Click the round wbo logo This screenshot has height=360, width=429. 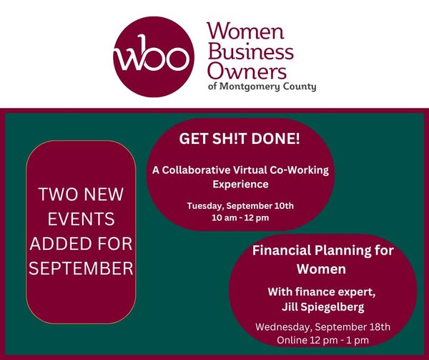point(154,57)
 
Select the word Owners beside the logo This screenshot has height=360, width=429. point(247,71)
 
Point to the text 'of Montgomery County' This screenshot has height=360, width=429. point(262,87)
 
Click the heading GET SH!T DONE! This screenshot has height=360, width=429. point(240,139)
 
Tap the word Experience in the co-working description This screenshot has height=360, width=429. point(240,184)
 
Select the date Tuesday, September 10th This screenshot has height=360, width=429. point(240,206)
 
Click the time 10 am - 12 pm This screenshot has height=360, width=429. point(240,218)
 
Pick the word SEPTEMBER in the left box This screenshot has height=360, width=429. point(81,268)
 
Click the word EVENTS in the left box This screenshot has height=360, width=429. point(81,219)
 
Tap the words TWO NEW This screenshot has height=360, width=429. point(81,194)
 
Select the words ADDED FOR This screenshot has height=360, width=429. point(81,243)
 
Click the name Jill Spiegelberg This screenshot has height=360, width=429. point(323,307)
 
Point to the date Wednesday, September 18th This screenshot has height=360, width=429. point(323,327)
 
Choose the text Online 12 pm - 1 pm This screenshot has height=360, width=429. point(323,340)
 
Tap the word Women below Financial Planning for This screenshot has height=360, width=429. point(322,269)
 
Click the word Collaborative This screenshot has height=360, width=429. point(196,170)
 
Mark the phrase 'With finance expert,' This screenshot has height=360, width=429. point(322,292)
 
